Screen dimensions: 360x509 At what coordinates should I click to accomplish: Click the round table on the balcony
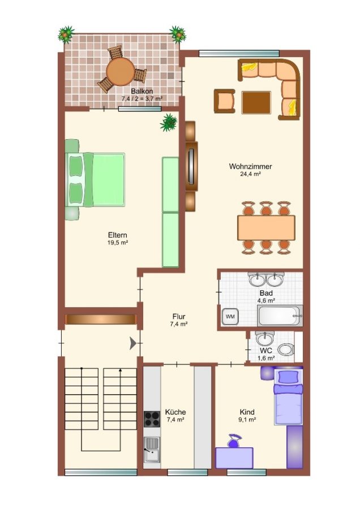(120, 72)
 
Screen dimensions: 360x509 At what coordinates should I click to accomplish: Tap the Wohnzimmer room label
(250, 166)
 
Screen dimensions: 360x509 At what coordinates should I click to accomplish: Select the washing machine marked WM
(230, 316)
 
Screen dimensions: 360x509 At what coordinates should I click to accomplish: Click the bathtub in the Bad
(280, 316)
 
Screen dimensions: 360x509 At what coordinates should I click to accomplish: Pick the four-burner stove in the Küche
(152, 419)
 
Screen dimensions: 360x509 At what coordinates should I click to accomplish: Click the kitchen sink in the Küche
(152, 449)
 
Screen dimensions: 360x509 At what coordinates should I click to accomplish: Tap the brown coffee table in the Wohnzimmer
(256, 102)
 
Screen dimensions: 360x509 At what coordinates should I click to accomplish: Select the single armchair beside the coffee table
(224, 101)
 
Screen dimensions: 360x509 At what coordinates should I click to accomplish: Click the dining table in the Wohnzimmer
(266, 227)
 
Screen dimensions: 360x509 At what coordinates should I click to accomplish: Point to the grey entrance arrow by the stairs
(133, 343)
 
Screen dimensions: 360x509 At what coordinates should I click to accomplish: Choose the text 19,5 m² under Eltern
(118, 243)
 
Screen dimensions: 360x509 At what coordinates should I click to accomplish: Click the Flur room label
(179, 316)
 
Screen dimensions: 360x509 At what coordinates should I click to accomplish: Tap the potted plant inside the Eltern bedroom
(169, 122)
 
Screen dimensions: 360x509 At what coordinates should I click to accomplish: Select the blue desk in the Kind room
(234, 458)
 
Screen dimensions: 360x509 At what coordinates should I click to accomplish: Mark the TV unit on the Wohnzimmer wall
(191, 166)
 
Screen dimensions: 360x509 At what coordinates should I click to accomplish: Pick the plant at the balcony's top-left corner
(66, 34)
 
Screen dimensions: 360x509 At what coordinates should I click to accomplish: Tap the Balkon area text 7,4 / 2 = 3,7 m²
(142, 98)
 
